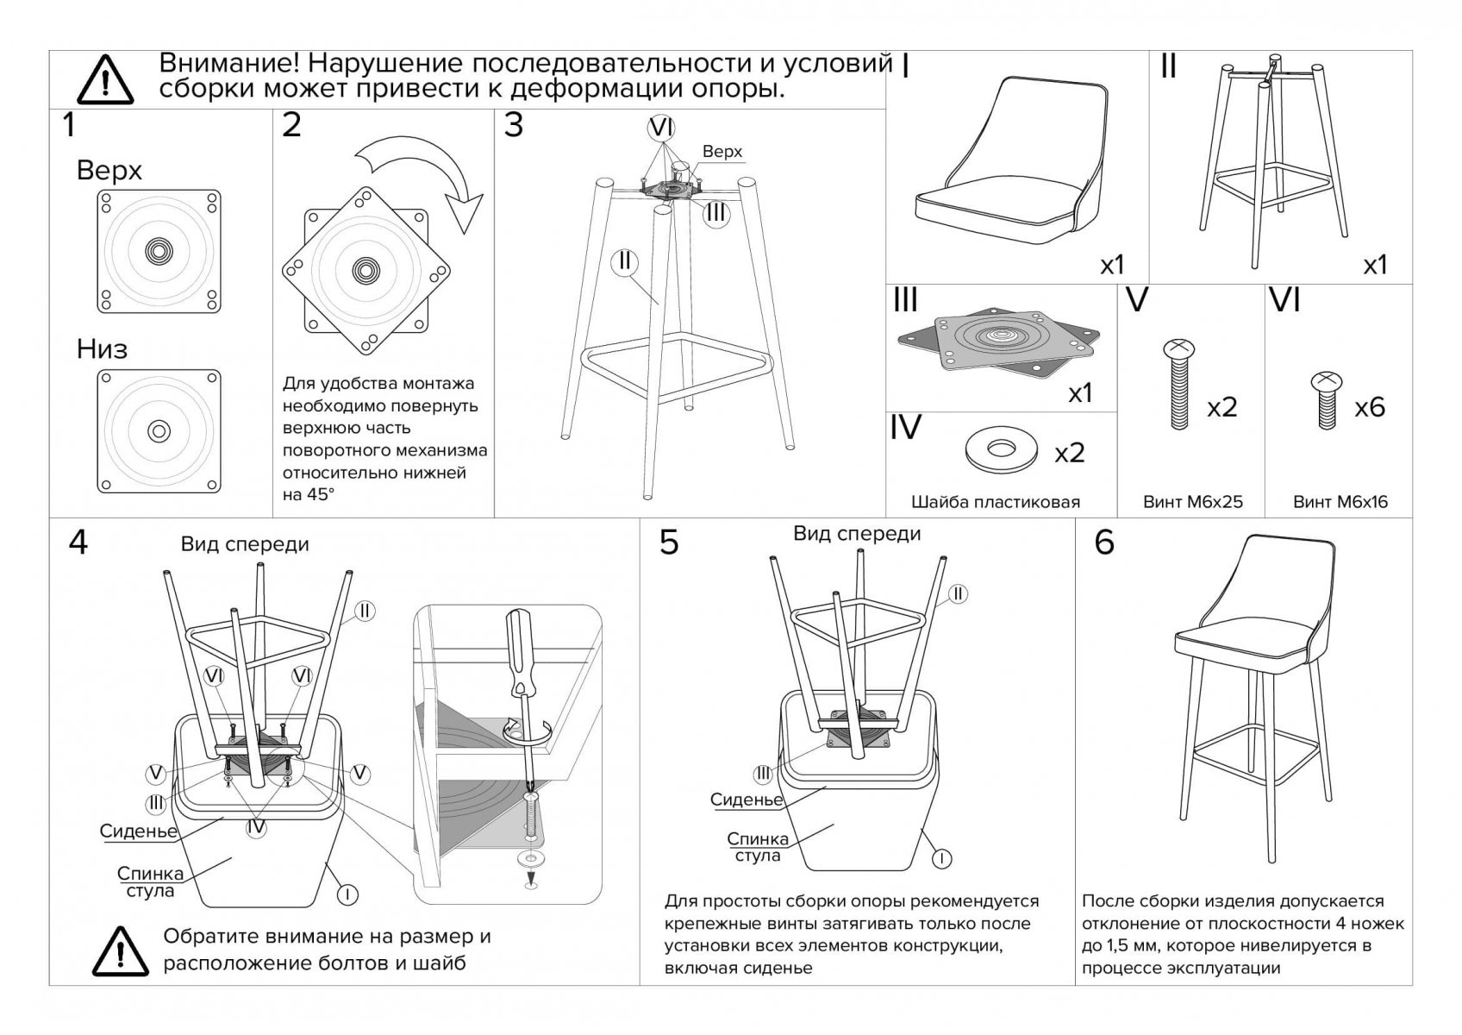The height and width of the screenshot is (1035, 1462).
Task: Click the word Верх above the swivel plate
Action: [x=109, y=171]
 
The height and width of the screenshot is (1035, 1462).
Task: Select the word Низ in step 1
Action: [x=102, y=349]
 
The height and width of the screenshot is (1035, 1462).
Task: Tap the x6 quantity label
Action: [x=1369, y=407]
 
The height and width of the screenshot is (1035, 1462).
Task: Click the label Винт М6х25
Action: [x=1193, y=502]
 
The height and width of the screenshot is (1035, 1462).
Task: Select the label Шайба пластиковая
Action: [x=996, y=502]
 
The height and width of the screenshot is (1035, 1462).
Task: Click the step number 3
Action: [x=514, y=126]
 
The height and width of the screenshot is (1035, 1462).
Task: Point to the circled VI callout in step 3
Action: [x=661, y=128]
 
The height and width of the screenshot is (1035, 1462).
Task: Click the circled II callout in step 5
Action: [x=957, y=593]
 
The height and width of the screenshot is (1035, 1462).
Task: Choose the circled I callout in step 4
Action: [x=347, y=894]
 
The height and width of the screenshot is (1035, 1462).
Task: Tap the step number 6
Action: [x=1104, y=543]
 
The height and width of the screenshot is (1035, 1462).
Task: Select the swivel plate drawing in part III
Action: [x=1000, y=341]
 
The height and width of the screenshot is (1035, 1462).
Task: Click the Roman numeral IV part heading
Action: [x=905, y=428]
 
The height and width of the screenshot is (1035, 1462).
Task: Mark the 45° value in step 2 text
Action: [x=321, y=495]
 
